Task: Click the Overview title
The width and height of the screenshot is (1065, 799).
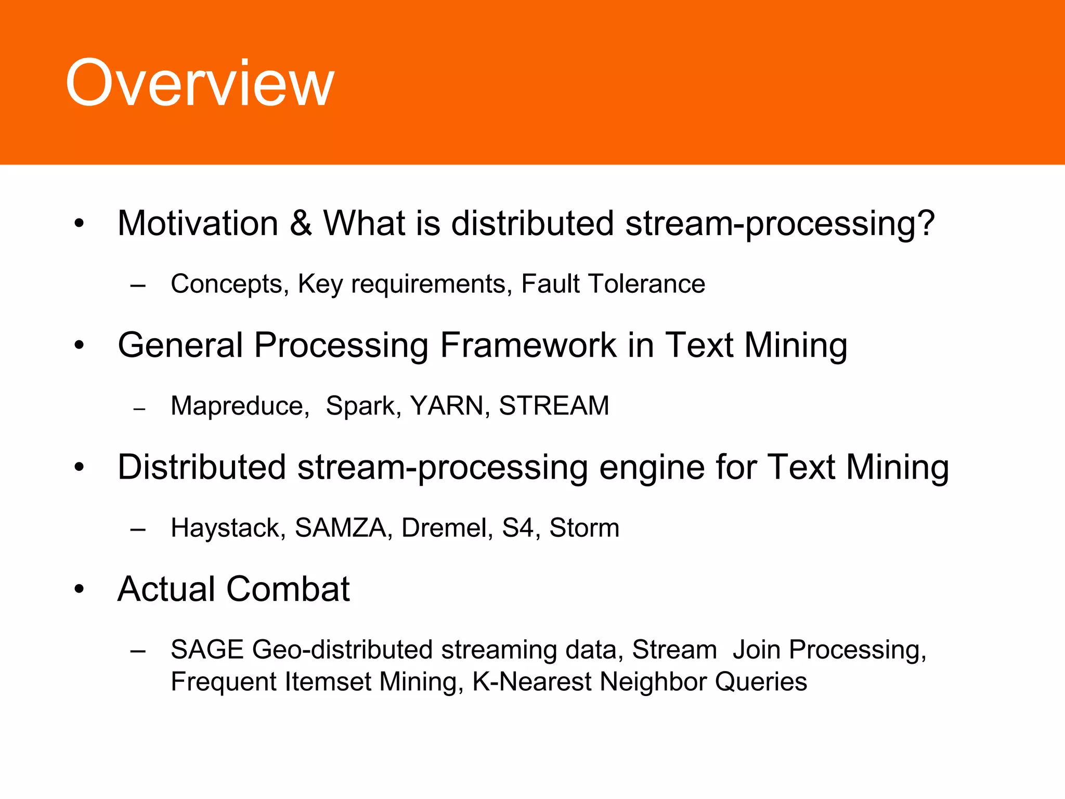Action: tap(199, 83)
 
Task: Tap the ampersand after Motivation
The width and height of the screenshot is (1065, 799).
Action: tap(301, 223)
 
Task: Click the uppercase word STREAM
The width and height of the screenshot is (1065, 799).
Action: tap(554, 406)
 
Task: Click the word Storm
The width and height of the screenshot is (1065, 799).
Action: tap(585, 527)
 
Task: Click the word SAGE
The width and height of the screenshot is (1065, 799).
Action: tap(207, 650)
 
